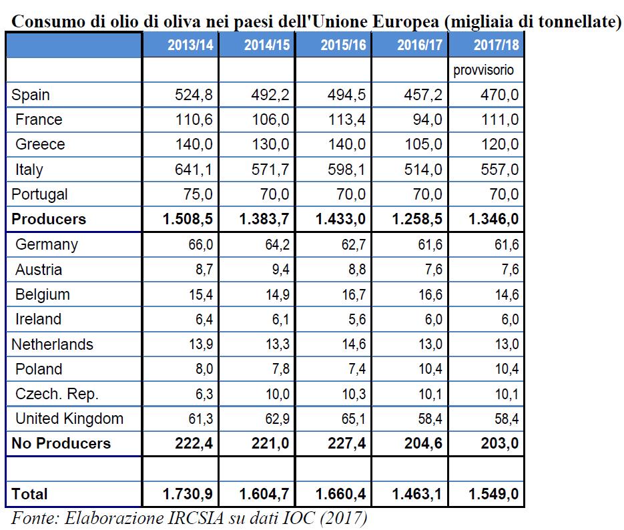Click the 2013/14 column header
coord(190,45)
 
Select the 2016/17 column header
coord(420,45)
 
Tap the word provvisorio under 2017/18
coord(484,71)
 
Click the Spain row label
coord(31,95)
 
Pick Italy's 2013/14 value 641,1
coord(194,170)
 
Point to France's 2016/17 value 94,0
coord(427,119)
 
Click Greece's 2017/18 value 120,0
coord(500,144)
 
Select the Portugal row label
coord(39,194)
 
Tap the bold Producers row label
coord(49,219)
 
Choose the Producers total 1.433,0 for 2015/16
coord(340,219)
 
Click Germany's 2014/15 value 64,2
coord(278,245)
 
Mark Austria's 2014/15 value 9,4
coord(280,270)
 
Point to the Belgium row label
coord(43,295)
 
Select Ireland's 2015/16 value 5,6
coord(357,320)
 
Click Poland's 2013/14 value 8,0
coord(204,369)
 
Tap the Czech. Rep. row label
coord(57,394)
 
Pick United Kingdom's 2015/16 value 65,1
coord(354,419)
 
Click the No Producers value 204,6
coord(423,444)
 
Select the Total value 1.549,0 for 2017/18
coord(493,494)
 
